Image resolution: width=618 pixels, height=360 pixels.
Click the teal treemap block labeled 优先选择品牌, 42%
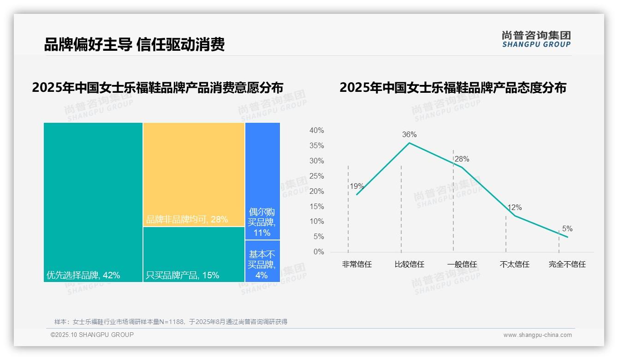click(x=93, y=202)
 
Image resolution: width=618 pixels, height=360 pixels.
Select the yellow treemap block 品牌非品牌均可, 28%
click(x=194, y=174)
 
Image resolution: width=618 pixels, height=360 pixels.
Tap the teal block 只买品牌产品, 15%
click(x=194, y=254)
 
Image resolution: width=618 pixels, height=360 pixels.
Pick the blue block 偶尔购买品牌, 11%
click(x=262, y=181)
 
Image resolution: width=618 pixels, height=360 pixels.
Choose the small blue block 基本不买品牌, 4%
click(x=262, y=261)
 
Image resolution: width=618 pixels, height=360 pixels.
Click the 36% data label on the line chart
click(x=409, y=135)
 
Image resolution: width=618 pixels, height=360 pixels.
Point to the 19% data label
click(x=357, y=186)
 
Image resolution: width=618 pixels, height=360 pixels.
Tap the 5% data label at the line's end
click(x=567, y=229)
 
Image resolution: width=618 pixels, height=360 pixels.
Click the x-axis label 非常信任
click(x=357, y=264)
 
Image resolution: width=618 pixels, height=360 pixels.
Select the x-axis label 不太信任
click(x=515, y=264)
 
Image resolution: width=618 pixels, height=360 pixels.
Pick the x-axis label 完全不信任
click(x=567, y=264)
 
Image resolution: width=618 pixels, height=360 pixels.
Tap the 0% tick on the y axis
click(x=318, y=252)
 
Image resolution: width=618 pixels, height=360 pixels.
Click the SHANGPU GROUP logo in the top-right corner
click(x=536, y=39)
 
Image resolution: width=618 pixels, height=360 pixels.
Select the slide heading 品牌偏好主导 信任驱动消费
click(x=134, y=45)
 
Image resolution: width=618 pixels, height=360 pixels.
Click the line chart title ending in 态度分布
click(x=453, y=88)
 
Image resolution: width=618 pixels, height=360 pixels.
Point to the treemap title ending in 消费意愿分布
click(x=158, y=88)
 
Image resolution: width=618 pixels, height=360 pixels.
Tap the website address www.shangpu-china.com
click(x=537, y=335)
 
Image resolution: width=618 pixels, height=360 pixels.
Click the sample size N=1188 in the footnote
click(x=174, y=322)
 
